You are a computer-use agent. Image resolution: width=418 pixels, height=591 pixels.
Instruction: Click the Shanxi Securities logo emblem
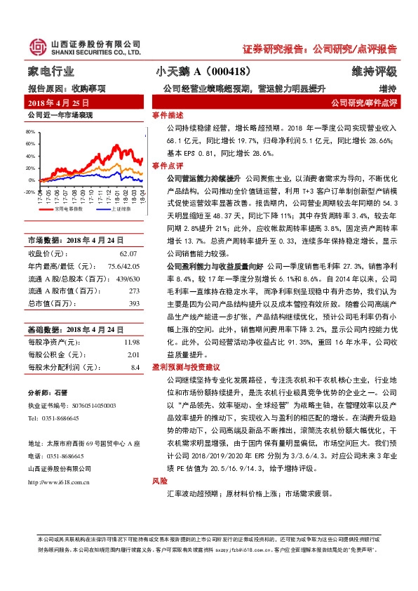36,47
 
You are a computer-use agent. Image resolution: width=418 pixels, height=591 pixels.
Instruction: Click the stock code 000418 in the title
228,72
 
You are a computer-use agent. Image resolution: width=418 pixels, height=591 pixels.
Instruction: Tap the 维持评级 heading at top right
375,72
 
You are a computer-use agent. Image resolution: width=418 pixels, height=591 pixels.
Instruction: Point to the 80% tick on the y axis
30,131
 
